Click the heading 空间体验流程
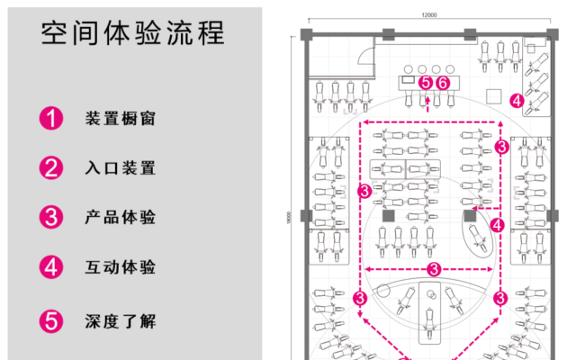133,33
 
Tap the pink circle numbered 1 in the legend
51,118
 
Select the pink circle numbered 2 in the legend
51,167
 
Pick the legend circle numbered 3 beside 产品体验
51,217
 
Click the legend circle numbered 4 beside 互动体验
51,267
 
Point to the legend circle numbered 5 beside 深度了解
51,320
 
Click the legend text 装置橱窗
121,118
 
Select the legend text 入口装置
121,167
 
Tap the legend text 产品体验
121,217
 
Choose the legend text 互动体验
121,267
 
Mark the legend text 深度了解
121,320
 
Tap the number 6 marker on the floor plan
442,83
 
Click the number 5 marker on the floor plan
426,83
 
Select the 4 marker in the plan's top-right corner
517,101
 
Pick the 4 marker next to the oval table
498,224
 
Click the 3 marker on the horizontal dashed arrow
433,269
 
